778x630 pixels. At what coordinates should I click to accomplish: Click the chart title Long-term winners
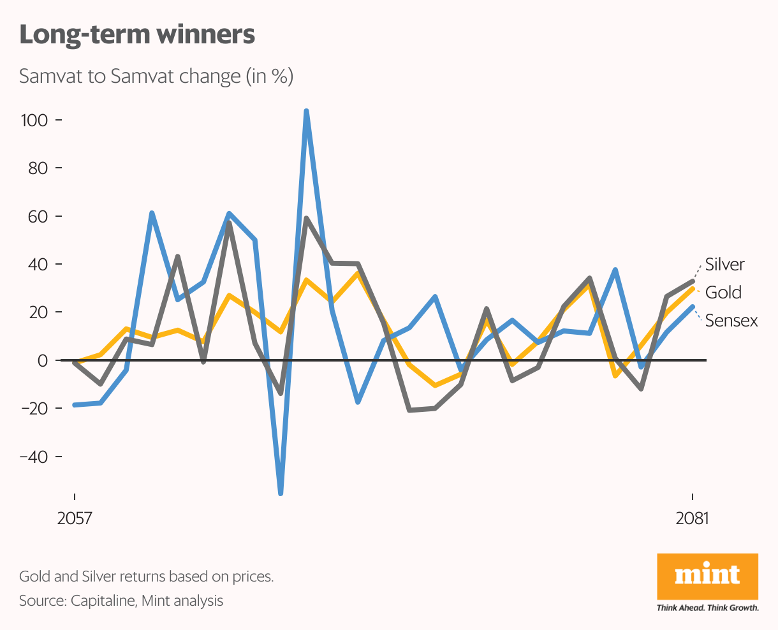click(x=137, y=34)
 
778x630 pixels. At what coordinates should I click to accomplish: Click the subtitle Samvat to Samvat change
click(x=156, y=77)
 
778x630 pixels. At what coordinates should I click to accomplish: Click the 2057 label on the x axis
click(x=75, y=518)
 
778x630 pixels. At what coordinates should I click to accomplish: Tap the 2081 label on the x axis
click(x=692, y=518)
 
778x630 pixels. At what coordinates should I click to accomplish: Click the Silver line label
click(x=724, y=265)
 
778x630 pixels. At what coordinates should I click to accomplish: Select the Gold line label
click(x=723, y=293)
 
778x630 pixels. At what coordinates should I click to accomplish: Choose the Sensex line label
click(x=731, y=321)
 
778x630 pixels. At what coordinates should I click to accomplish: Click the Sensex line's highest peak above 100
click(x=306, y=112)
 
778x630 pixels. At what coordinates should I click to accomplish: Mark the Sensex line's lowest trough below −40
click(x=281, y=492)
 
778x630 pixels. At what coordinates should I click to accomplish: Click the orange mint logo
click(x=707, y=577)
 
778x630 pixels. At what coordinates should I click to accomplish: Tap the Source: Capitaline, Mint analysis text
click(x=121, y=601)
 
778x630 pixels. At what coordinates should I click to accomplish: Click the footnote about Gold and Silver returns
click(x=146, y=577)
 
